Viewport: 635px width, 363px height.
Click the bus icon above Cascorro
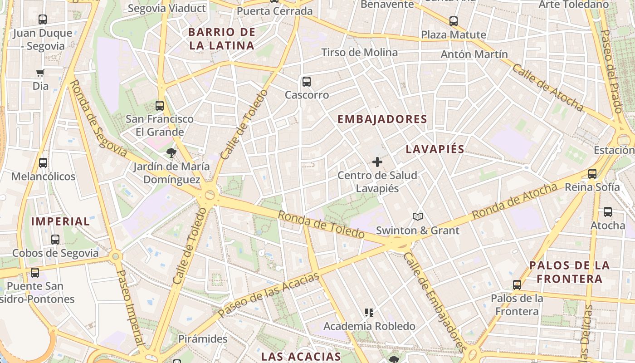(307, 82)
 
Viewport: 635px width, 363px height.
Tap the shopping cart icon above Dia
(40, 73)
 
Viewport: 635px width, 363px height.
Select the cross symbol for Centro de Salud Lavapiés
(377, 162)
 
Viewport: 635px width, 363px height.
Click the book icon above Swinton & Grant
(418, 217)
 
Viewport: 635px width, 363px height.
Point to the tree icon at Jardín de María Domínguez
(171, 152)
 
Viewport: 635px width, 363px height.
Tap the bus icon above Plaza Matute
(453, 21)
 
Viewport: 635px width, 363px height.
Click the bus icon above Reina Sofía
(592, 173)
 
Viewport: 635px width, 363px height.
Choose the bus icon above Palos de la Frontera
(517, 285)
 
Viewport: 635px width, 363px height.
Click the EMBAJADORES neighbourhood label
(382, 119)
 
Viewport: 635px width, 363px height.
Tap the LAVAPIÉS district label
(435, 149)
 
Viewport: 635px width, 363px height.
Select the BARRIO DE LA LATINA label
(222, 39)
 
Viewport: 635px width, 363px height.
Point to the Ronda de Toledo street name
(321, 225)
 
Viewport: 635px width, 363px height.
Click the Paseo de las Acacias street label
(269, 295)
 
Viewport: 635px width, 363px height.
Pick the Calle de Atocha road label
(547, 87)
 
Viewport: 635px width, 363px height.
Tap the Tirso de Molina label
(360, 53)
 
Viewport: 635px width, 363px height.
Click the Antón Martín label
(474, 54)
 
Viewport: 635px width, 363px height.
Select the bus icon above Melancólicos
(43, 162)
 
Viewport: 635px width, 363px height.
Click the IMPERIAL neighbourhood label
(61, 221)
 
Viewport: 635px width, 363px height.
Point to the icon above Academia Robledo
(369, 312)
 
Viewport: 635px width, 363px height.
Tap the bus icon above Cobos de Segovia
(55, 239)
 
